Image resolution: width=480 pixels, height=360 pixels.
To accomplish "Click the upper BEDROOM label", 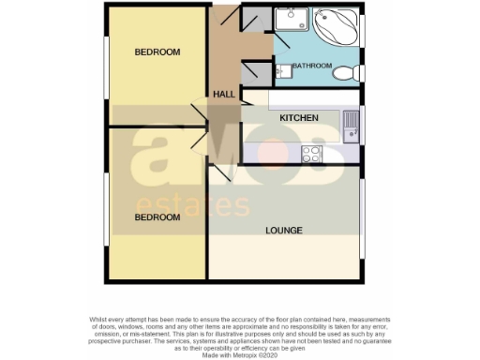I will pos(157,52).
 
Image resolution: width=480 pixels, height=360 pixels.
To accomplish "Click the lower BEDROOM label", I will pos(157,217).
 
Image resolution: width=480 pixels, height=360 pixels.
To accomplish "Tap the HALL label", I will pos(224,95).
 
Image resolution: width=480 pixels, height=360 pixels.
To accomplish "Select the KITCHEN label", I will pos(299,118).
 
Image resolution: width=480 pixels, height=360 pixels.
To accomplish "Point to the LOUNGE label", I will pos(284,230).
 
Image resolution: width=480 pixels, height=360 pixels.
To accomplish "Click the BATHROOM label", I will pos(312,67).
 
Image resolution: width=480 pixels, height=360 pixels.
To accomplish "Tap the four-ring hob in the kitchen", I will pos(311,153).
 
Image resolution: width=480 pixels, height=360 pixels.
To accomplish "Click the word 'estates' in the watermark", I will pos(193,206).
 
